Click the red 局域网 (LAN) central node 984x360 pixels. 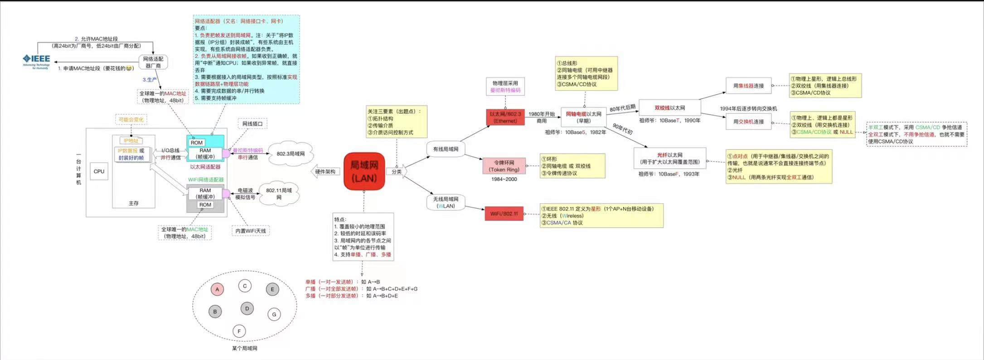(364, 171)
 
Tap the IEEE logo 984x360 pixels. (37, 61)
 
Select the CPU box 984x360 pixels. (99, 171)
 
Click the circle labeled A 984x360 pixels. (217, 289)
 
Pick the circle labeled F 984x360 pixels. (239, 331)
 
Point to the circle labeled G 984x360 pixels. (274, 314)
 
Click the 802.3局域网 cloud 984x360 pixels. (291, 154)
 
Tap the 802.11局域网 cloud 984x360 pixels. (279, 194)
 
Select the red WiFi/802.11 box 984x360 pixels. (504, 214)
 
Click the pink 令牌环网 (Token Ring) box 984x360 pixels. (504, 166)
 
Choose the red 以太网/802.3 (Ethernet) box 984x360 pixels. (505, 117)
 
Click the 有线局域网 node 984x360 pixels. (446, 149)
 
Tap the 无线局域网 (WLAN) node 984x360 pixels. (446, 202)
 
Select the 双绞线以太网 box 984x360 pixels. (669, 108)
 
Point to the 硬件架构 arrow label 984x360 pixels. (325, 172)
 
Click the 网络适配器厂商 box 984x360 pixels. (153, 63)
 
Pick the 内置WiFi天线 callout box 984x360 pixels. (251, 231)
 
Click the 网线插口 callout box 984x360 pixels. (252, 124)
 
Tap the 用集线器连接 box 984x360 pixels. (748, 86)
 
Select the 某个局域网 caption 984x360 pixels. (244, 348)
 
